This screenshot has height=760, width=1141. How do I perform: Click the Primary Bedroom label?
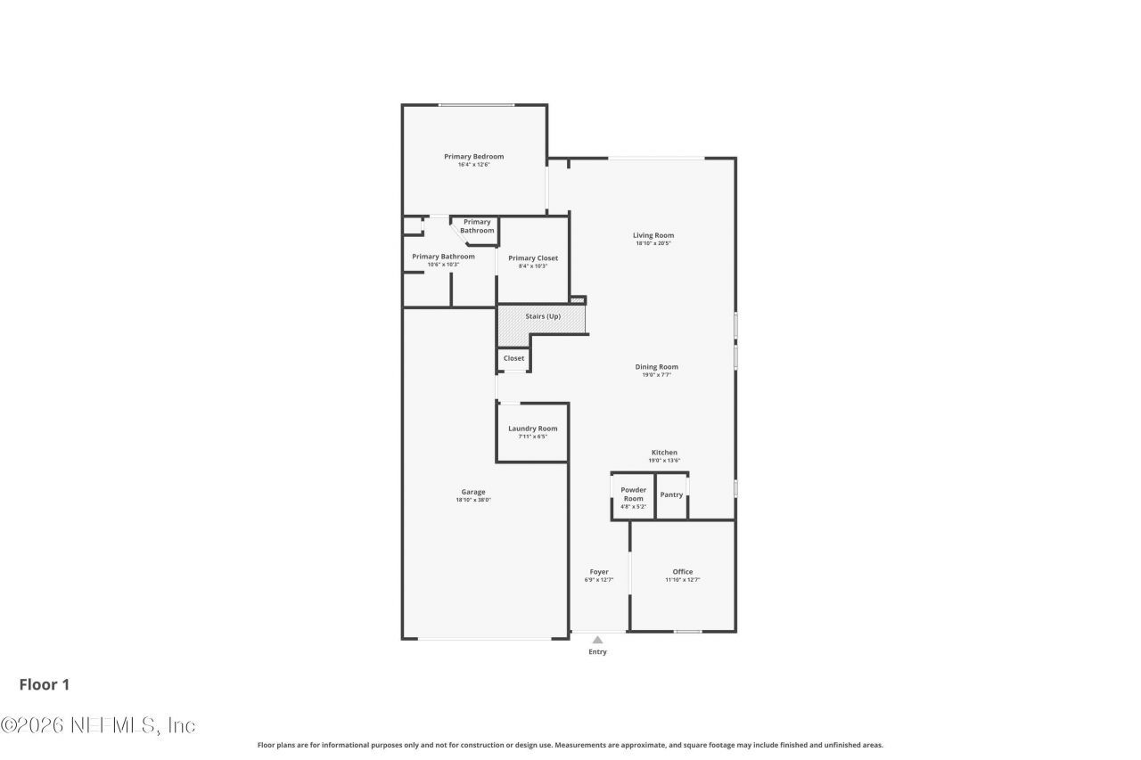tap(473, 157)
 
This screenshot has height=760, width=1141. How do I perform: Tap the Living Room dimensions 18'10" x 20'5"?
tap(653, 243)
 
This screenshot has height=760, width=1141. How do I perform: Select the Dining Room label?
tap(656, 367)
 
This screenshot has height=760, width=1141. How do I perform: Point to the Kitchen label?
tap(664, 453)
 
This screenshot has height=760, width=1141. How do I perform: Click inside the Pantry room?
tap(671, 495)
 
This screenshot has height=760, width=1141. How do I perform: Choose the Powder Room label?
tap(634, 494)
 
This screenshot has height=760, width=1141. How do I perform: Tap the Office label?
tap(683, 572)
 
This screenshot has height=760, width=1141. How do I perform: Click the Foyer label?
tap(599, 572)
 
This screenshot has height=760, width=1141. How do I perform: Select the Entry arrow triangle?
tap(597, 639)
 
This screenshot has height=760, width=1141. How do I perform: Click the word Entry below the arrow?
tap(597, 652)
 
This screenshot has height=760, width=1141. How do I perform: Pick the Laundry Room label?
tap(533, 429)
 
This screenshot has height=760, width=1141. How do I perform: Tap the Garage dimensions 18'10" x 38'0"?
tap(473, 500)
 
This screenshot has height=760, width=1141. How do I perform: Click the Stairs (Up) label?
tap(543, 316)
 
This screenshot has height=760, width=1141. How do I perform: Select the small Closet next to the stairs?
tap(513, 358)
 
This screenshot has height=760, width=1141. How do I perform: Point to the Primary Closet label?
tap(533, 258)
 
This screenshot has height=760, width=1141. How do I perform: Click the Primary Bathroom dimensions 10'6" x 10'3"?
tap(443, 265)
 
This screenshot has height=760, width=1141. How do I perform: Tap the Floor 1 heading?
tap(45, 684)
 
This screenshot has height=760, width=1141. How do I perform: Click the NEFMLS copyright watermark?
tap(98, 725)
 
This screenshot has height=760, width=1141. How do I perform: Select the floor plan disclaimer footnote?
tap(570, 745)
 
